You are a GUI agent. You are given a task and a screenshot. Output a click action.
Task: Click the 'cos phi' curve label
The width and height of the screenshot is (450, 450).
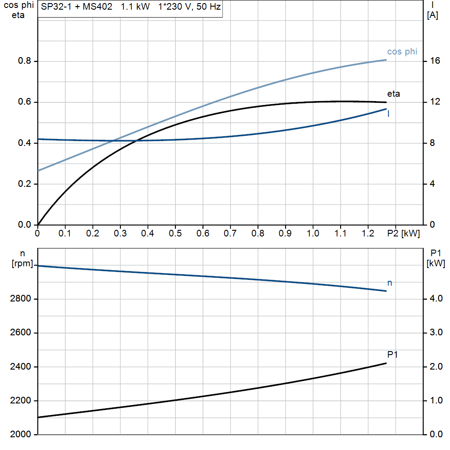point(402,52)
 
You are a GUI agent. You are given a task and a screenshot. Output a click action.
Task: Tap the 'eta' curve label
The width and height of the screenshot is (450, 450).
point(393,94)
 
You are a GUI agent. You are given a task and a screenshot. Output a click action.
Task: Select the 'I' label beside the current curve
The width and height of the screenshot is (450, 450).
point(388,114)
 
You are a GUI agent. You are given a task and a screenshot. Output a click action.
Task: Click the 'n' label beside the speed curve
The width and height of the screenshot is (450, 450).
point(389,283)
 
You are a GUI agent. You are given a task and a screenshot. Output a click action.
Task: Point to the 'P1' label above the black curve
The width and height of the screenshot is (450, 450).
point(392,355)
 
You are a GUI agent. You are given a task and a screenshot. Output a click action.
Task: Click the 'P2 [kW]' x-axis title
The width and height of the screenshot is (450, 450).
point(404,234)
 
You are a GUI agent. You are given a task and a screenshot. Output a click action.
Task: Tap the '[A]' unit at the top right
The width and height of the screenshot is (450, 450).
point(432,15)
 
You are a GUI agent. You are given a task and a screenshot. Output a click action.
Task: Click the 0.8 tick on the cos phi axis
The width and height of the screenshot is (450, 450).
point(25,61)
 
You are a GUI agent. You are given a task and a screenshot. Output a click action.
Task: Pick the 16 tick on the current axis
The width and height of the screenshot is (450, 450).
point(435,61)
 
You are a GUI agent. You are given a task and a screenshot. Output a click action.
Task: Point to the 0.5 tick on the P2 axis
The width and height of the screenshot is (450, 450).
point(175,234)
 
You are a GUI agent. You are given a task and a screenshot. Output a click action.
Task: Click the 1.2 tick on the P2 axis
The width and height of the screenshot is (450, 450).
point(368,234)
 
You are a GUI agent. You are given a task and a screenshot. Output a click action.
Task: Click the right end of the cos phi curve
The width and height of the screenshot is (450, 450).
point(386,60)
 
